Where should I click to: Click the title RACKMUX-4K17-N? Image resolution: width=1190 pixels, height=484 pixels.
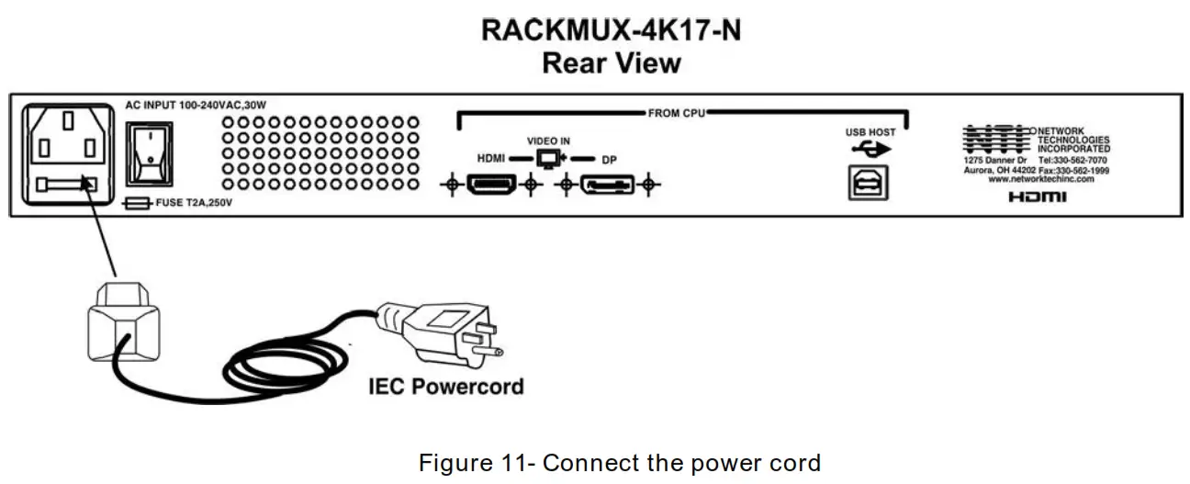click(611, 29)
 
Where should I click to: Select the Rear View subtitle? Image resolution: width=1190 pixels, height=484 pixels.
click(611, 62)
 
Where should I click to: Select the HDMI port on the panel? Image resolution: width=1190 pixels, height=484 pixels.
click(490, 186)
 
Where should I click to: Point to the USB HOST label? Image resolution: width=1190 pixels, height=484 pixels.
click(870, 132)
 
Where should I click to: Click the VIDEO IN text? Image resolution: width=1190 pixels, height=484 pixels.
click(548, 141)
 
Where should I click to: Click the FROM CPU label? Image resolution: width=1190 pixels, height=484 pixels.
click(677, 113)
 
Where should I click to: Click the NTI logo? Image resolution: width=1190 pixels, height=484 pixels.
click(996, 138)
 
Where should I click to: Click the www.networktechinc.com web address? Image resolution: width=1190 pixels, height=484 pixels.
click(1040, 179)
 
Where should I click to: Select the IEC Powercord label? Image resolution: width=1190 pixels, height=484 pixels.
click(445, 386)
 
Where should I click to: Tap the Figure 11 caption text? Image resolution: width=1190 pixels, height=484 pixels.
click(620, 462)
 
